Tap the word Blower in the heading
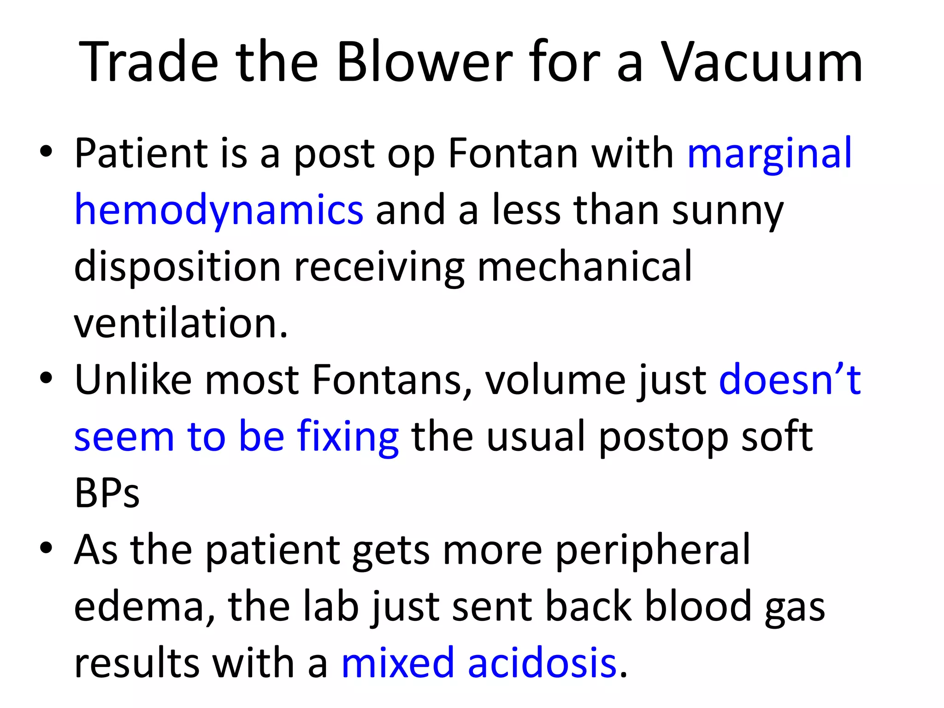(x=424, y=62)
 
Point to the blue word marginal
(x=769, y=154)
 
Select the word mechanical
(x=584, y=266)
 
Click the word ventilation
(x=181, y=323)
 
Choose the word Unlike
(x=133, y=380)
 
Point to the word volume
(x=554, y=380)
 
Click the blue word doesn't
(x=790, y=380)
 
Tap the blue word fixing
(x=348, y=437)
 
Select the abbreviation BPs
(x=106, y=493)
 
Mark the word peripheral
(x=653, y=550)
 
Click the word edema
(x=139, y=607)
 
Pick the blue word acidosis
(x=542, y=663)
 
